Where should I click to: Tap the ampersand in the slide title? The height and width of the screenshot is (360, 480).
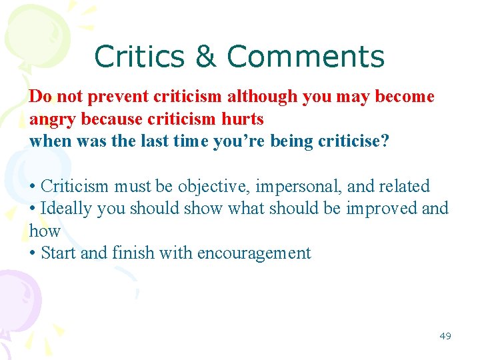[x=207, y=57]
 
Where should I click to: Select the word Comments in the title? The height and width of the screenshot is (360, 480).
[x=306, y=57]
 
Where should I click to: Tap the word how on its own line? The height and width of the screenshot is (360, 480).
[x=45, y=231]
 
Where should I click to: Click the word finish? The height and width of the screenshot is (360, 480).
[x=135, y=253]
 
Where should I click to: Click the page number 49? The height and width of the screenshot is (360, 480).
[x=445, y=336]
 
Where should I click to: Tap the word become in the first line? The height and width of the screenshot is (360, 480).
[x=405, y=97]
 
